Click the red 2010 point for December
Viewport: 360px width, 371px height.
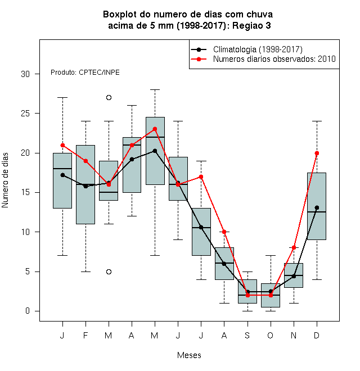click(x=317, y=153)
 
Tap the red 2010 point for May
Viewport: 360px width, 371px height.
click(x=155, y=129)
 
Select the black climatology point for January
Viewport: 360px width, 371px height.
click(x=62, y=175)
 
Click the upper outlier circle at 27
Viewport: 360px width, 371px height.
click(x=109, y=97)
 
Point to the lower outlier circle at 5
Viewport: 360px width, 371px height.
click(x=109, y=272)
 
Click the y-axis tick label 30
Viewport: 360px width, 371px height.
click(x=25, y=74)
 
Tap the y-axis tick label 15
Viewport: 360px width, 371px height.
click(x=25, y=192)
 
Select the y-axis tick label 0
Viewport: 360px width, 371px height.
click(x=28, y=311)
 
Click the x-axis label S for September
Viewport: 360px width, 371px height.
click(x=247, y=335)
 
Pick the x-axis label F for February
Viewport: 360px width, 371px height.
click(x=85, y=335)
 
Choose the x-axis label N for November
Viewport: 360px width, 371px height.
click(x=294, y=335)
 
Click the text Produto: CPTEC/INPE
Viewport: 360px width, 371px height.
click(x=85, y=73)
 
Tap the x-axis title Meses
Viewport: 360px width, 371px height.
click(x=189, y=355)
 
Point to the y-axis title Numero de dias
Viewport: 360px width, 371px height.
click(x=5, y=180)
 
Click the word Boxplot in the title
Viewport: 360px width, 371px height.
click(x=120, y=15)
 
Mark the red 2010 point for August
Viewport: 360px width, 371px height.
click(x=224, y=232)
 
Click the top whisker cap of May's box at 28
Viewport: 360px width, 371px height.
click(x=155, y=90)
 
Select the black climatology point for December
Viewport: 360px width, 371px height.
click(x=317, y=208)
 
